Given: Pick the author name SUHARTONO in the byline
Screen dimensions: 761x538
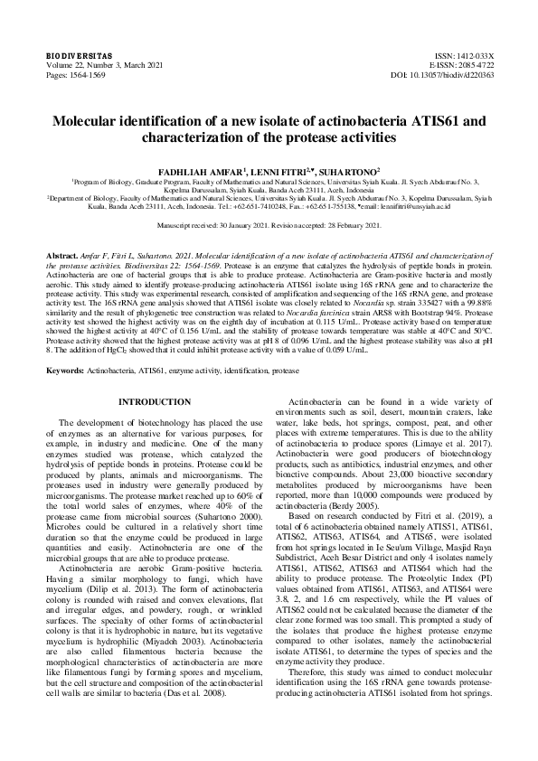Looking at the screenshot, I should point(349,170).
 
